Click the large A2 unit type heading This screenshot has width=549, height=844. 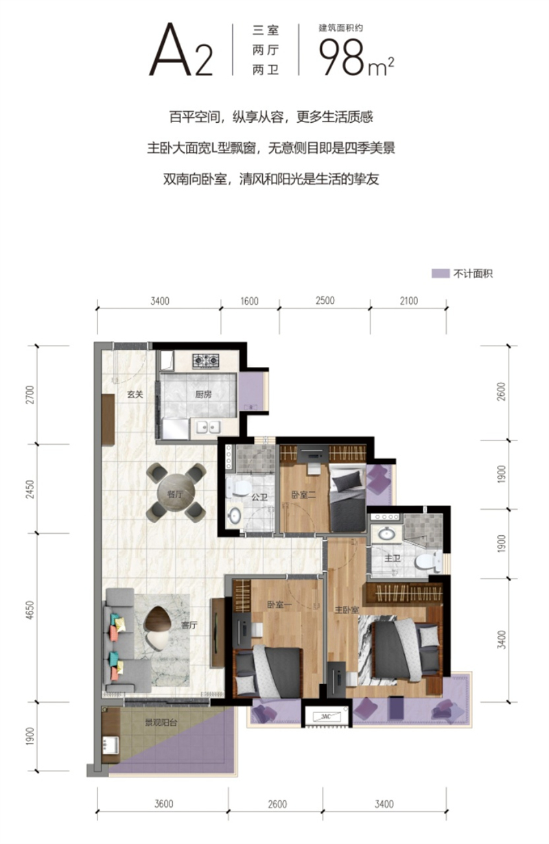tap(181, 49)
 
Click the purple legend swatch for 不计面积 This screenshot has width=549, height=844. tap(440, 273)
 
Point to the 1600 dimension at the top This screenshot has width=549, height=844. tap(249, 301)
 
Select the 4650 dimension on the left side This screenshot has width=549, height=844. tap(30, 609)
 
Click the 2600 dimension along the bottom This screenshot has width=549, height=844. tap(277, 804)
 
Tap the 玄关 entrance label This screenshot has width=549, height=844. tap(135, 395)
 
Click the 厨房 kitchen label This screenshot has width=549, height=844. tap(203, 395)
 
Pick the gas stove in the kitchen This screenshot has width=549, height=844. tap(205, 360)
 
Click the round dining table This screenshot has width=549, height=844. tap(176, 493)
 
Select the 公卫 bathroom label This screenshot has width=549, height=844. tap(259, 497)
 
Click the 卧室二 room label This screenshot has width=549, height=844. tap(303, 494)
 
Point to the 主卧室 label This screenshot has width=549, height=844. tap(347, 609)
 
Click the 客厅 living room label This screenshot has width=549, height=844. tap(189, 625)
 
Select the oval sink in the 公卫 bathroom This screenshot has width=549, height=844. tap(235, 515)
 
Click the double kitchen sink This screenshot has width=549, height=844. tap(208, 427)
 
